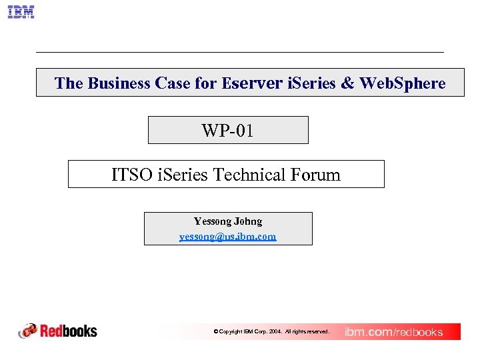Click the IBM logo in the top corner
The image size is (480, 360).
(x=21, y=12)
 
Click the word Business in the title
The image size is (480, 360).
(x=119, y=83)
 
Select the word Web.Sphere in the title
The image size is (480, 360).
(x=403, y=83)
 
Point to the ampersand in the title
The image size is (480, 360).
(x=348, y=83)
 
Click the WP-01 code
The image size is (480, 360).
(x=227, y=131)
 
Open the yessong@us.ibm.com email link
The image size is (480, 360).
(x=227, y=236)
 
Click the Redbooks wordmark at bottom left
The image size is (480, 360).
(x=69, y=331)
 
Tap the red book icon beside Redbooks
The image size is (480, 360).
(x=28, y=331)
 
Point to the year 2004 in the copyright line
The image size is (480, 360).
(x=275, y=331)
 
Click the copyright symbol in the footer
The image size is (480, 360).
(x=215, y=331)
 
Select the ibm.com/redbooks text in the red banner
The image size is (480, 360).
(x=393, y=332)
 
